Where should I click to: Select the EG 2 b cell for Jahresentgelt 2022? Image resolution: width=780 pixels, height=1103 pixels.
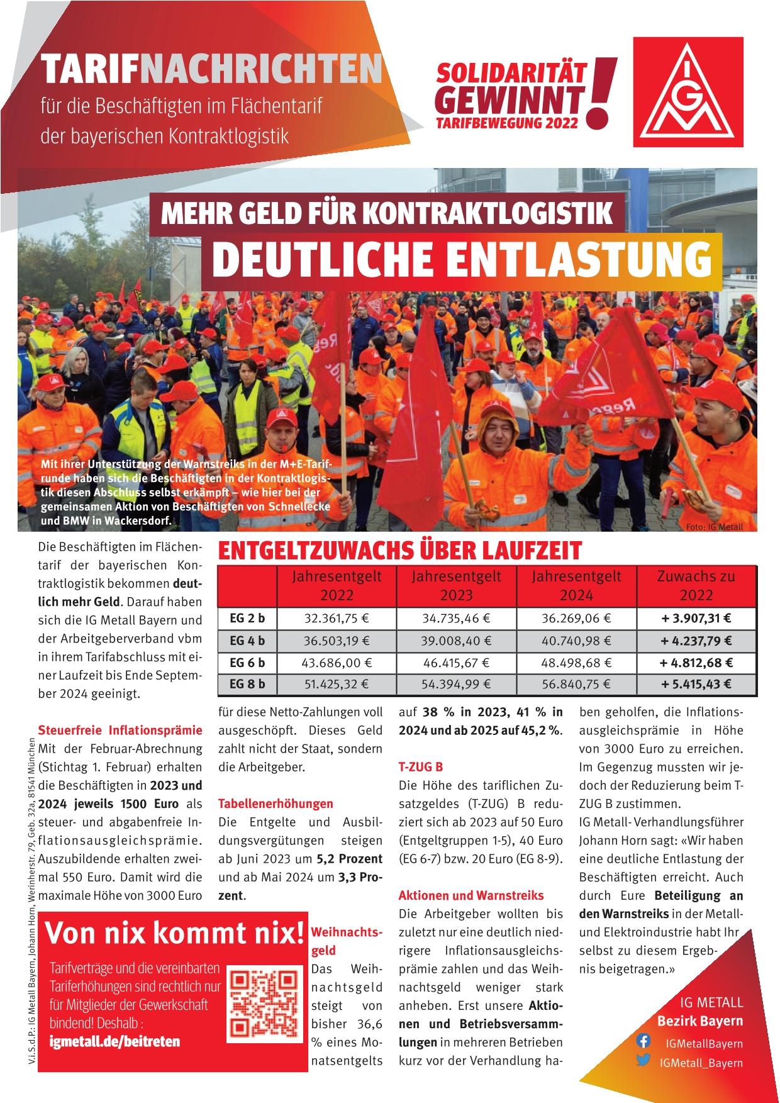pyautogui.click(x=337, y=619)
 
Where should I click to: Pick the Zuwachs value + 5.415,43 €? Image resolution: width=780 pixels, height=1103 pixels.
pyautogui.click(x=696, y=685)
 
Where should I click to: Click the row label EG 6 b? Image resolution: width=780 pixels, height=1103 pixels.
pyautogui.click(x=247, y=663)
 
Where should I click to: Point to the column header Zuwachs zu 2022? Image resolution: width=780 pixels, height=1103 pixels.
pyautogui.click(x=696, y=585)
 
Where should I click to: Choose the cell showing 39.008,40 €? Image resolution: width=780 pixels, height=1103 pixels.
pyautogui.click(x=456, y=641)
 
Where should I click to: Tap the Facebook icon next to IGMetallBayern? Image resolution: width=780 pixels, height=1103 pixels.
pyautogui.click(x=643, y=1041)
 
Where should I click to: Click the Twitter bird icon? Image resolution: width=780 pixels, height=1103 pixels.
pyautogui.click(x=643, y=1061)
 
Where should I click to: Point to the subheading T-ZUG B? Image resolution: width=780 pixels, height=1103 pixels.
pyautogui.click(x=421, y=767)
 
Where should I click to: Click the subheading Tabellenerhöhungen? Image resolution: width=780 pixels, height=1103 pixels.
pyautogui.click(x=276, y=803)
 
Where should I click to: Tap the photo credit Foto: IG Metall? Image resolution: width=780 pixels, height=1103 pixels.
pyautogui.click(x=716, y=527)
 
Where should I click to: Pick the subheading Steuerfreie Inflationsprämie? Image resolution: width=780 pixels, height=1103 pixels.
pyautogui.click(x=120, y=731)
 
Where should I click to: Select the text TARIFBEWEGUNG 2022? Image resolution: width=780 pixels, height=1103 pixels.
pyautogui.click(x=506, y=123)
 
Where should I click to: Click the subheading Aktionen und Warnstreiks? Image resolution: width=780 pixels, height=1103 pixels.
pyautogui.click(x=471, y=895)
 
